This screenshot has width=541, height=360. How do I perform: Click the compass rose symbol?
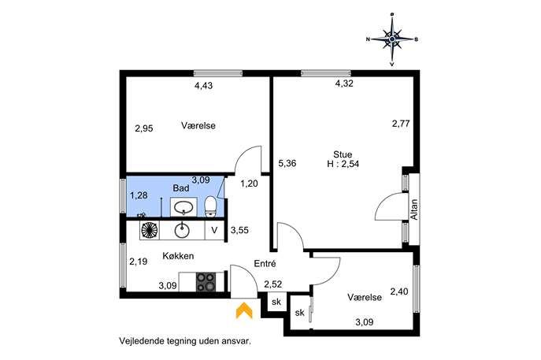click(x=392, y=39)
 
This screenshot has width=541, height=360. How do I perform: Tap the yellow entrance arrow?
click(x=244, y=310)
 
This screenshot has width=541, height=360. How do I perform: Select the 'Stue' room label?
click(x=343, y=154)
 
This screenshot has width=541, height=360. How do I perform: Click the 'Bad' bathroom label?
click(x=181, y=188)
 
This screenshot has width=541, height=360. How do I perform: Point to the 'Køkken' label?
click(x=178, y=256)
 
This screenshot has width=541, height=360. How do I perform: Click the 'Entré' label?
click(x=265, y=264)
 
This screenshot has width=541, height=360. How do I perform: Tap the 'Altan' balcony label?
click(x=414, y=210)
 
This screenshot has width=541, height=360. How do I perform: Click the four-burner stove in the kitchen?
click(x=206, y=282)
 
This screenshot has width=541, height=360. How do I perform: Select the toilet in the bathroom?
click(x=210, y=206)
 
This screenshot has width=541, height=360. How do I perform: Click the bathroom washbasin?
click(x=183, y=207)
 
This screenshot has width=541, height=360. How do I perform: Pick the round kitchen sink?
click(x=182, y=230)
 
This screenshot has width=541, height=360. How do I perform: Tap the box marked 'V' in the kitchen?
click(x=215, y=230)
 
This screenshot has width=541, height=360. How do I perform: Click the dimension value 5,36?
click(x=287, y=163)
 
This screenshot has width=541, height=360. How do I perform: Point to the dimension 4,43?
click(x=204, y=86)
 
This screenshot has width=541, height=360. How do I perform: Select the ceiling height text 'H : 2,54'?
click(x=343, y=164)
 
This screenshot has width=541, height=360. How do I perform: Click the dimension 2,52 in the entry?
click(x=273, y=284)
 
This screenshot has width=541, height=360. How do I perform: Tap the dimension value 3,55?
click(x=240, y=230)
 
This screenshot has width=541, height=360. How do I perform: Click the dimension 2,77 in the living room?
click(x=401, y=123)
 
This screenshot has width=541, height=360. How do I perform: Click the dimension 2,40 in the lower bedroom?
click(x=399, y=291)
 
